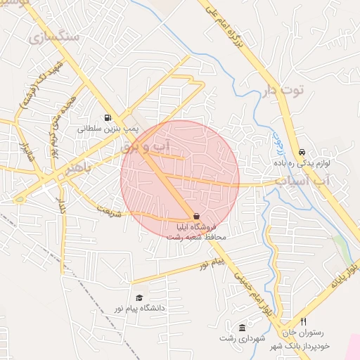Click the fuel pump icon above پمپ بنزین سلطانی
[x=107, y=118]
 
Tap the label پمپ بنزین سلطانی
[x=104, y=129]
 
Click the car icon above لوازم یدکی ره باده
[x=302, y=152]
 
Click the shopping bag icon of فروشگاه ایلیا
[x=195, y=217]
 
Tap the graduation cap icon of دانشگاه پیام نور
[x=139, y=297]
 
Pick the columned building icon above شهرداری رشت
[x=243, y=328]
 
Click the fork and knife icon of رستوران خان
[x=303, y=321]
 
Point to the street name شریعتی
[x=109, y=210]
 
